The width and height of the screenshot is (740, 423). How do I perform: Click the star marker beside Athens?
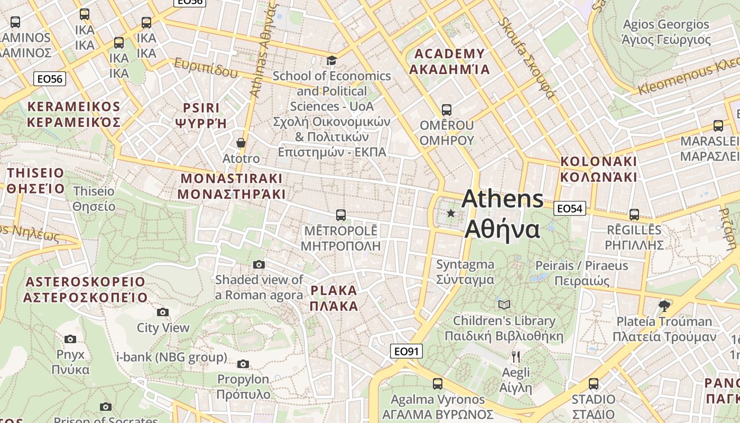(x=451, y=213)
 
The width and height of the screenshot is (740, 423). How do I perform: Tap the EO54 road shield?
(x=570, y=208)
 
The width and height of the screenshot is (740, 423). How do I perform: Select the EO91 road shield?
(x=406, y=351)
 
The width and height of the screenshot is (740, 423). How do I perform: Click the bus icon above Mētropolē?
(x=341, y=215)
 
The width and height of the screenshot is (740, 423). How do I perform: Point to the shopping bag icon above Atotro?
(x=241, y=143)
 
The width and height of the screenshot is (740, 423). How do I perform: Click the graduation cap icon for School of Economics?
(x=331, y=60)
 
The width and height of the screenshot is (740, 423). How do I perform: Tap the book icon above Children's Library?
(x=504, y=305)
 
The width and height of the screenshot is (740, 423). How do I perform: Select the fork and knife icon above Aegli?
(x=516, y=357)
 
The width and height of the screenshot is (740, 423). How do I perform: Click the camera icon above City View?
(x=163, y=312)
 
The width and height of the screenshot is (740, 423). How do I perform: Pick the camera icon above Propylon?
(x=243, y=364)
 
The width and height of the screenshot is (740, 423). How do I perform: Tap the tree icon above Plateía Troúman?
(x=664, y=305)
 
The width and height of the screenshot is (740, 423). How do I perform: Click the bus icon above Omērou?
(x=447, y=110)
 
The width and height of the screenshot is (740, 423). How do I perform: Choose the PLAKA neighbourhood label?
(x=334, y=298)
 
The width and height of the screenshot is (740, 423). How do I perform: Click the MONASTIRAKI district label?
(x=232, y=186)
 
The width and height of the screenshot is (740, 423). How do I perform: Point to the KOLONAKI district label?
(x=599, y=169)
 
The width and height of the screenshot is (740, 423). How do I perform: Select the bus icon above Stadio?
(x=594, y=384)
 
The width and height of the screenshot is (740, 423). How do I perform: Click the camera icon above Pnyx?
(x=70, y=339)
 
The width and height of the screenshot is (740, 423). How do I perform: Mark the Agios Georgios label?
(x=666, y=32)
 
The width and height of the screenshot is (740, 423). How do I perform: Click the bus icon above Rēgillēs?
(x=634, y=215)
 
